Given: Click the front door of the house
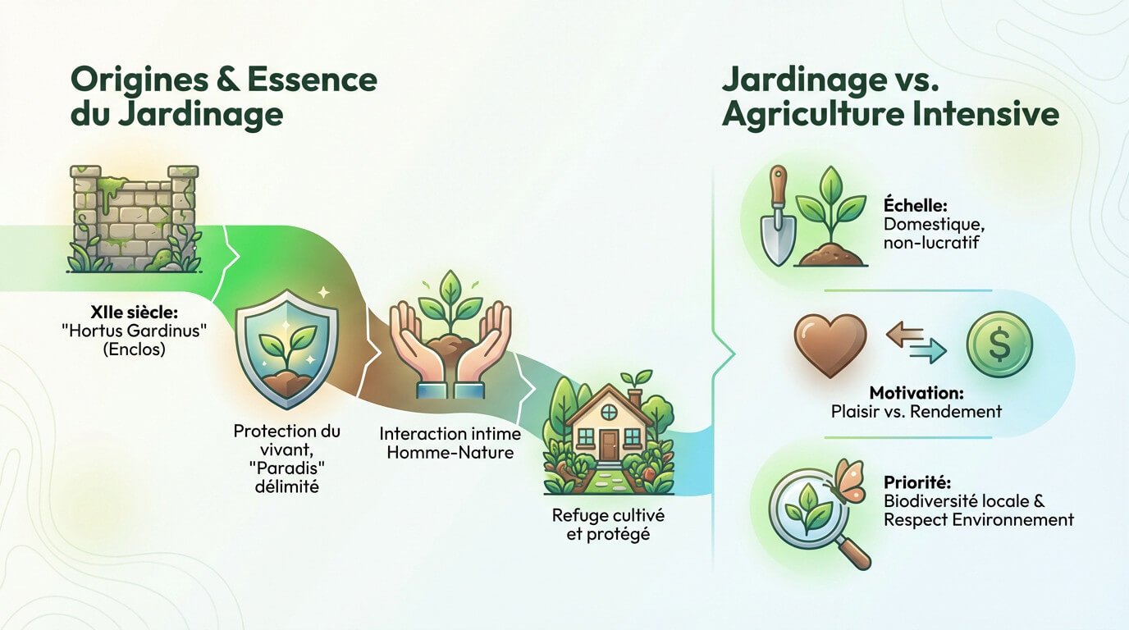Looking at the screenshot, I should pos(608,444).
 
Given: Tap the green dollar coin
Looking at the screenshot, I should pos(999,345).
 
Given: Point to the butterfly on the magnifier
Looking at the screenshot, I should pos(849,479).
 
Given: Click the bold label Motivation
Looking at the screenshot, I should pos(916,392).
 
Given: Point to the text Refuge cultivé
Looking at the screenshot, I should pos(608,516).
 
